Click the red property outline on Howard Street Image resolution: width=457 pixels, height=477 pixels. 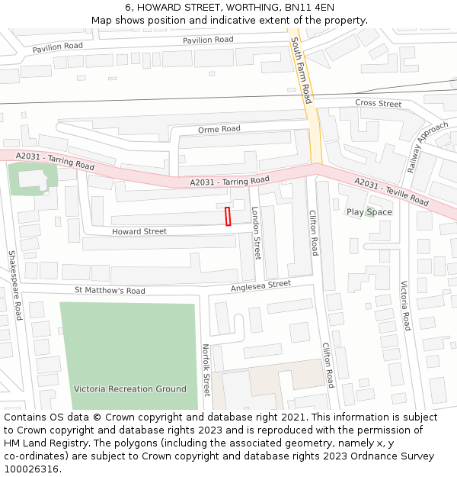[x=227, y=216]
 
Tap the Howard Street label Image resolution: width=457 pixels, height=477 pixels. [x=139, y=231]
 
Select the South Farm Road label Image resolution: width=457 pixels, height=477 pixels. [x=302, y=72]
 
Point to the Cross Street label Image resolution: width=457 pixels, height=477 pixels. [x=378, y=103]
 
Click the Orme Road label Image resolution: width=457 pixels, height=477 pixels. [x=219, y=130]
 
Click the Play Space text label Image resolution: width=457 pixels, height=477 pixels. [x=369, y=212]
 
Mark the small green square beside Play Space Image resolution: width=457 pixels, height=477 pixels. [x=369, y=211]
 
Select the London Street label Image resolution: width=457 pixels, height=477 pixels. [x=257, y=233]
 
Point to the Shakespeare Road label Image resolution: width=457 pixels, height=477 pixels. [x=14, y=285]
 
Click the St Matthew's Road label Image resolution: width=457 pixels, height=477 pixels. [x=110, y=291]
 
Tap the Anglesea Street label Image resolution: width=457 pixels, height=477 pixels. [x=261, y=285]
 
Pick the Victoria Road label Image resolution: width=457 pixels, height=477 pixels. [x=406, y=305]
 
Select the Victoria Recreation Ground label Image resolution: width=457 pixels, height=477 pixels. [x=129, y=389]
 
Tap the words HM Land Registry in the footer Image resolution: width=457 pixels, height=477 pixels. [x=40, y=443]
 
